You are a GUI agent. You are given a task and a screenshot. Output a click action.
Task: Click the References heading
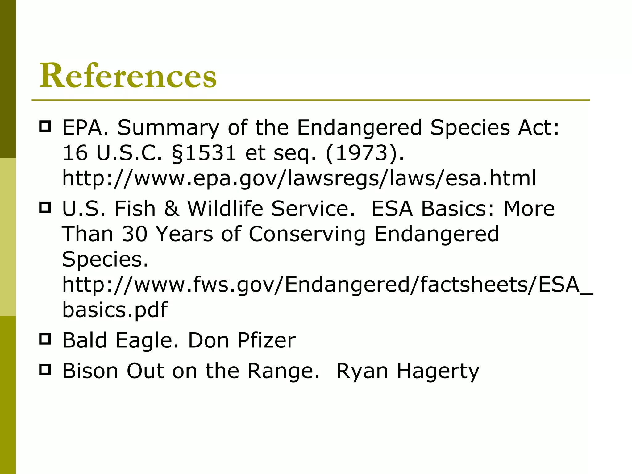(128, 76)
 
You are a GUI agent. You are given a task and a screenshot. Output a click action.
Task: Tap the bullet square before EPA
(45, 127)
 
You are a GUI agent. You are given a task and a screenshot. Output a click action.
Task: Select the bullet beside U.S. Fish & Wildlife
(45, 207)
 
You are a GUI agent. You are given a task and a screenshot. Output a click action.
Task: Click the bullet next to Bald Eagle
(45, 339)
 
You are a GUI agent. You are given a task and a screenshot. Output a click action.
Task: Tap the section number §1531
(203, 153)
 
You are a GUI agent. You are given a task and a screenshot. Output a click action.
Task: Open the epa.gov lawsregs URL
(299, 178)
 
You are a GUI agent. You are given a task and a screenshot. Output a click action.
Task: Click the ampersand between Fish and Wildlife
(172, 209)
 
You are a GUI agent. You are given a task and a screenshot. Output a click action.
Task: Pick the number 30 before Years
(135, 234)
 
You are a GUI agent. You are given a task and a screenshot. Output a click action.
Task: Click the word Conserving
(307, 235)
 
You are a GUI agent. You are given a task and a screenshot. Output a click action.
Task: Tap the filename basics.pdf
(115, 310)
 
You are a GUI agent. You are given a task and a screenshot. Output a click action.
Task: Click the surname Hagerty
(438, 371)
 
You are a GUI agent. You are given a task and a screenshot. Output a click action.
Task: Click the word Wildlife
(225, 209)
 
